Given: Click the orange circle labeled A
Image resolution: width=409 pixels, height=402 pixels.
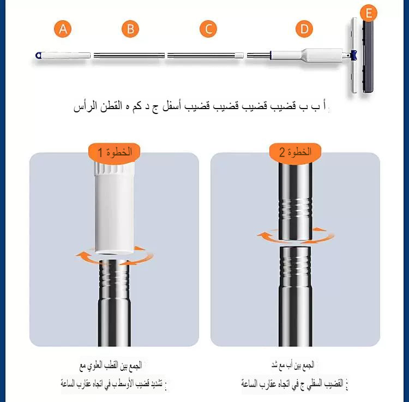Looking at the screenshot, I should click(64, 29).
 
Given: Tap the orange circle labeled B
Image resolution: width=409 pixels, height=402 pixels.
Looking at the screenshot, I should click(130, 29).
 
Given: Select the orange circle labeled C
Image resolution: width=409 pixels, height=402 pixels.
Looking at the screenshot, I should click(208, 29).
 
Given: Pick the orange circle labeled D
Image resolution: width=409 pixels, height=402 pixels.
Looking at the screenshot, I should click(304, 29).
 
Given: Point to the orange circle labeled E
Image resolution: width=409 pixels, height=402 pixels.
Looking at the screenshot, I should click(369, 13).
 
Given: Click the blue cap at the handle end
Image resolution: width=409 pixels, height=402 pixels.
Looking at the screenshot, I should click(38, 55).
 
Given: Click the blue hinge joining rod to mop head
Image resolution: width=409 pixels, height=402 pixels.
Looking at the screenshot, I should click(353, 55).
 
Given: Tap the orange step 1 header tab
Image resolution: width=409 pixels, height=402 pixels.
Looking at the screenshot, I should click(115, 152).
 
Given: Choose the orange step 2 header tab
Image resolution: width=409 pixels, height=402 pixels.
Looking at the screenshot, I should click(295, 152).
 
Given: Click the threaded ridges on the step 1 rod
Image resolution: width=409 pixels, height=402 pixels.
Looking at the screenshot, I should click(115, 278).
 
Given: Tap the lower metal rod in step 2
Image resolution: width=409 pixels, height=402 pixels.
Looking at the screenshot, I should click(295, 295).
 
